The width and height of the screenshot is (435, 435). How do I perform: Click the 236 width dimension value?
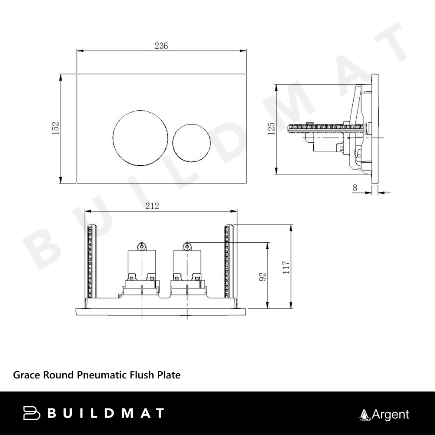tap(161, 46)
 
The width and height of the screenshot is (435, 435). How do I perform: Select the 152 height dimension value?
tap(56, 128)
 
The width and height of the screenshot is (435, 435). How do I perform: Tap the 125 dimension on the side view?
tap(271, 128)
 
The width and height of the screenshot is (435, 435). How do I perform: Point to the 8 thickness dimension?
tap(355, 188)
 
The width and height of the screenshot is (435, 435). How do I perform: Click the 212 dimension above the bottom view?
tap(152, 206)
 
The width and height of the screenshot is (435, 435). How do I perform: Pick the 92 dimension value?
tap(262, 277)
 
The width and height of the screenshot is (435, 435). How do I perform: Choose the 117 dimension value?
tap(286, 267)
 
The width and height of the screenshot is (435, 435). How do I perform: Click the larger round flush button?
tap(141, 138)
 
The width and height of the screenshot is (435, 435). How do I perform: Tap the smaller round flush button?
tap(191, 143)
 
